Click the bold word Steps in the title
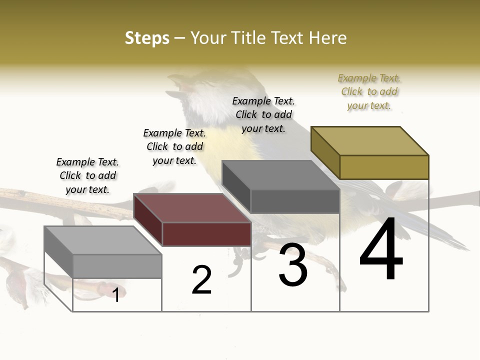(x=147, y=38)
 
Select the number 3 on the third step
(x=293, y=265)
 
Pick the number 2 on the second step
(x=202, y=279)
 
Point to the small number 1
(x=116, y=295)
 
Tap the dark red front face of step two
(x=206, y=234)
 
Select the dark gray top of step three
(x=281, y=175)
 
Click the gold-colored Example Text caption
(x=369, y=91)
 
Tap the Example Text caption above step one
(x=87, y=175)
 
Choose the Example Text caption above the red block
(x=174, y=146)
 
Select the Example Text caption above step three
(x=263, y=114)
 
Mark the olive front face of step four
(x=384, y=167)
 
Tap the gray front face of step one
(x=117, y=266)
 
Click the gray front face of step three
(x=295, y=201)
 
